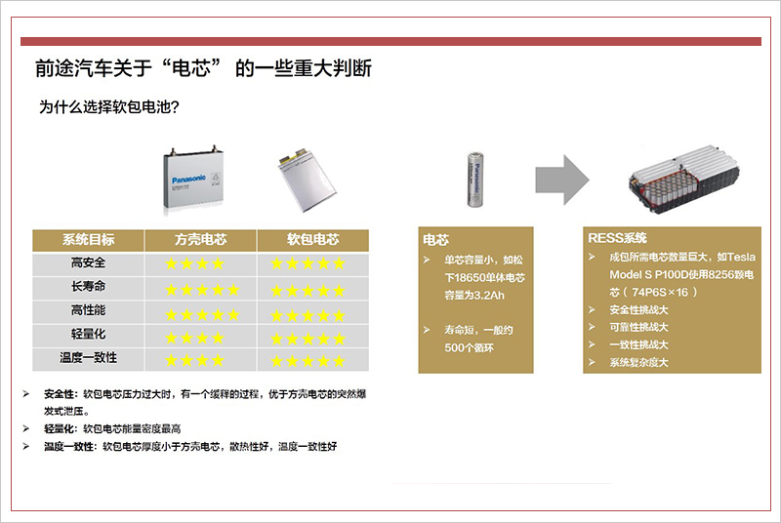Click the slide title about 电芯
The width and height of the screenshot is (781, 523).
pos(203,68)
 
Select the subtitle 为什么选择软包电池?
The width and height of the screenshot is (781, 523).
pos(109,107)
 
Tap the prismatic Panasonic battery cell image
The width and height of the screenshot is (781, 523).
pos(192,180)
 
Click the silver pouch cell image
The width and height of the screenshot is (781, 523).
pos(307,180)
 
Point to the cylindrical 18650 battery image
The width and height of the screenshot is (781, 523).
pos(474,180)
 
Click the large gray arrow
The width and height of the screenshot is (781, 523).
pos(562,180)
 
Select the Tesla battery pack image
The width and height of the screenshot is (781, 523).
pos(683,180)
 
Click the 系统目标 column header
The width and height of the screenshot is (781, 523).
pos(88,240)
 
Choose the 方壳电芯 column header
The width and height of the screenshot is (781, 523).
pos(201,240)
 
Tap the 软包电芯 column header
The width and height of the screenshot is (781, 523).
pos(312,240)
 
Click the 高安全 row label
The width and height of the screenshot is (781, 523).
pos(88,262)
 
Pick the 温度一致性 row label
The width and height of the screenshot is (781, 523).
pos(88,358)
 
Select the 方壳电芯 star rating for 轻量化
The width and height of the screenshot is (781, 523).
pos(194,339)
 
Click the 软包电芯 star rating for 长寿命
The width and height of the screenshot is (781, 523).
pos(308,291)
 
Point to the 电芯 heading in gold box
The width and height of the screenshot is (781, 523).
pos(435,240)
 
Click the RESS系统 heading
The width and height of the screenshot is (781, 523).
pos(617,238)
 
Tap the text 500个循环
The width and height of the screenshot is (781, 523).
pos(470,347)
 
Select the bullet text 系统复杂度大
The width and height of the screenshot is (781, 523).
pos(638,362)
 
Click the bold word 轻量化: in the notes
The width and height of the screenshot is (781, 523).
pos(61,429)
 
